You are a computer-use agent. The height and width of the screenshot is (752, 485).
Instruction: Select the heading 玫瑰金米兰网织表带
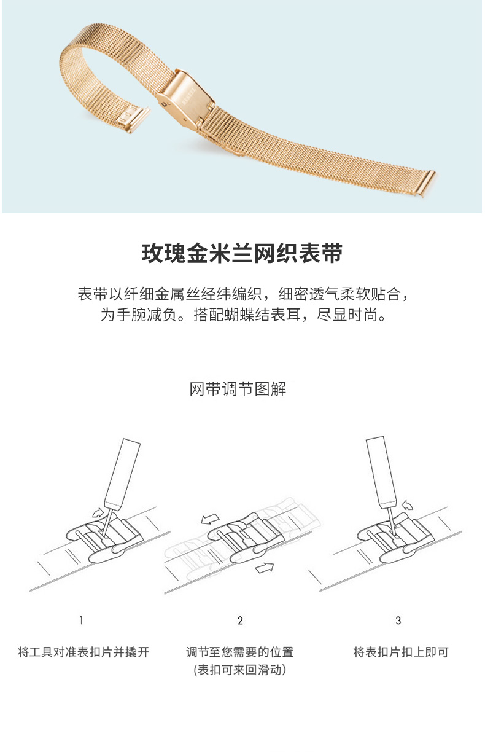(x=242, y=253)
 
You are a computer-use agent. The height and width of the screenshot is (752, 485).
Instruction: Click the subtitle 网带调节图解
(x=238, y=389)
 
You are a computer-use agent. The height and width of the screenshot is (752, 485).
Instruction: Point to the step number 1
(x=81, y=621)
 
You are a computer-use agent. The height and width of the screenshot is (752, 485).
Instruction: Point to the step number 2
(x=240, y=621)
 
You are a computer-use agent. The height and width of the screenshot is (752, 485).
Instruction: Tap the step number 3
(x=398, y=621)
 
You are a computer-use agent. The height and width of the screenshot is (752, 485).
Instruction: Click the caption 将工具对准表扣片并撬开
(x=83, y=652)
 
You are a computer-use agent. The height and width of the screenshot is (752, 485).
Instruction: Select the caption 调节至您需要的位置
(x=240, y=652)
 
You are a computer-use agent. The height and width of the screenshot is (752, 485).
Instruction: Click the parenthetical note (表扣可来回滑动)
(x=240, y=670)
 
